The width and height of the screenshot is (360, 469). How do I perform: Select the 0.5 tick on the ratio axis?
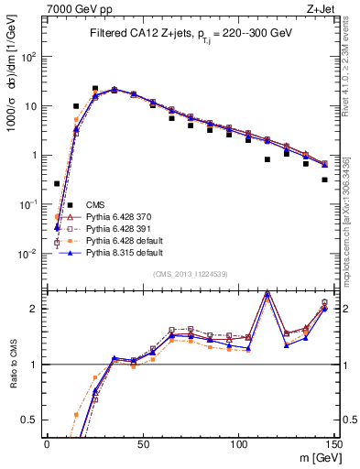point(33,420)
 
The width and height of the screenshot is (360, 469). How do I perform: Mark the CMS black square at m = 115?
point(267,159)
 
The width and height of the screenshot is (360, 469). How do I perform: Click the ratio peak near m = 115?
point(267,293)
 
